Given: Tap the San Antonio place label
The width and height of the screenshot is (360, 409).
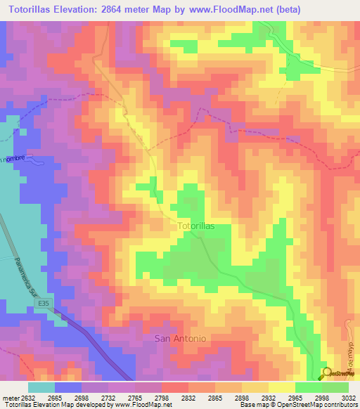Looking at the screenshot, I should [x=180, y=339].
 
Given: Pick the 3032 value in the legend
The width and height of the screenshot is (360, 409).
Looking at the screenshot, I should [x=348, y=397].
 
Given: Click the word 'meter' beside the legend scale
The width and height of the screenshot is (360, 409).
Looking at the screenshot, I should [x=8, y=397].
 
